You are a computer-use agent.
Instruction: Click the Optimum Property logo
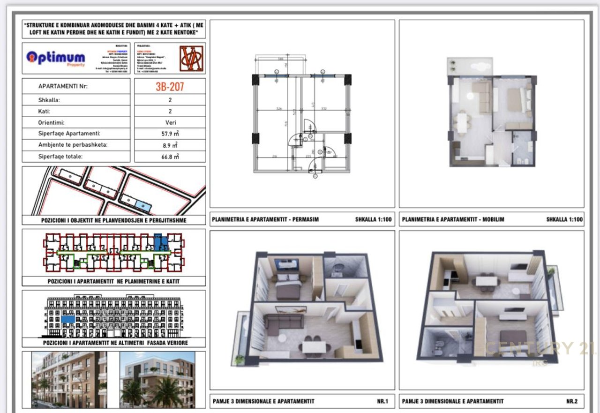(55, 58)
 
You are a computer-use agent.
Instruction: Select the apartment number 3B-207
(170, 86)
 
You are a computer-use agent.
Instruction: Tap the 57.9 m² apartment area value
(170, 134)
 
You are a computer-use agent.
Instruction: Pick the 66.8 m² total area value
(170, 157)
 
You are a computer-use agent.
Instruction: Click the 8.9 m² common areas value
(170, 145)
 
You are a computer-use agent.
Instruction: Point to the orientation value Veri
(170, 123)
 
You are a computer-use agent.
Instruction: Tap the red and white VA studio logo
(191, 58)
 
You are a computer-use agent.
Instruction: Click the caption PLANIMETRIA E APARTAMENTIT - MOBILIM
(453, 219)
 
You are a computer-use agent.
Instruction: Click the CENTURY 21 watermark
(540, 349)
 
